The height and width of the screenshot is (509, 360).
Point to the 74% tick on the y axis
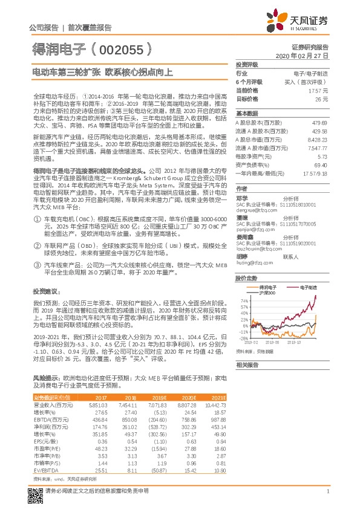244,300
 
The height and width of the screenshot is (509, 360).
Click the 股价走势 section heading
246,278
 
